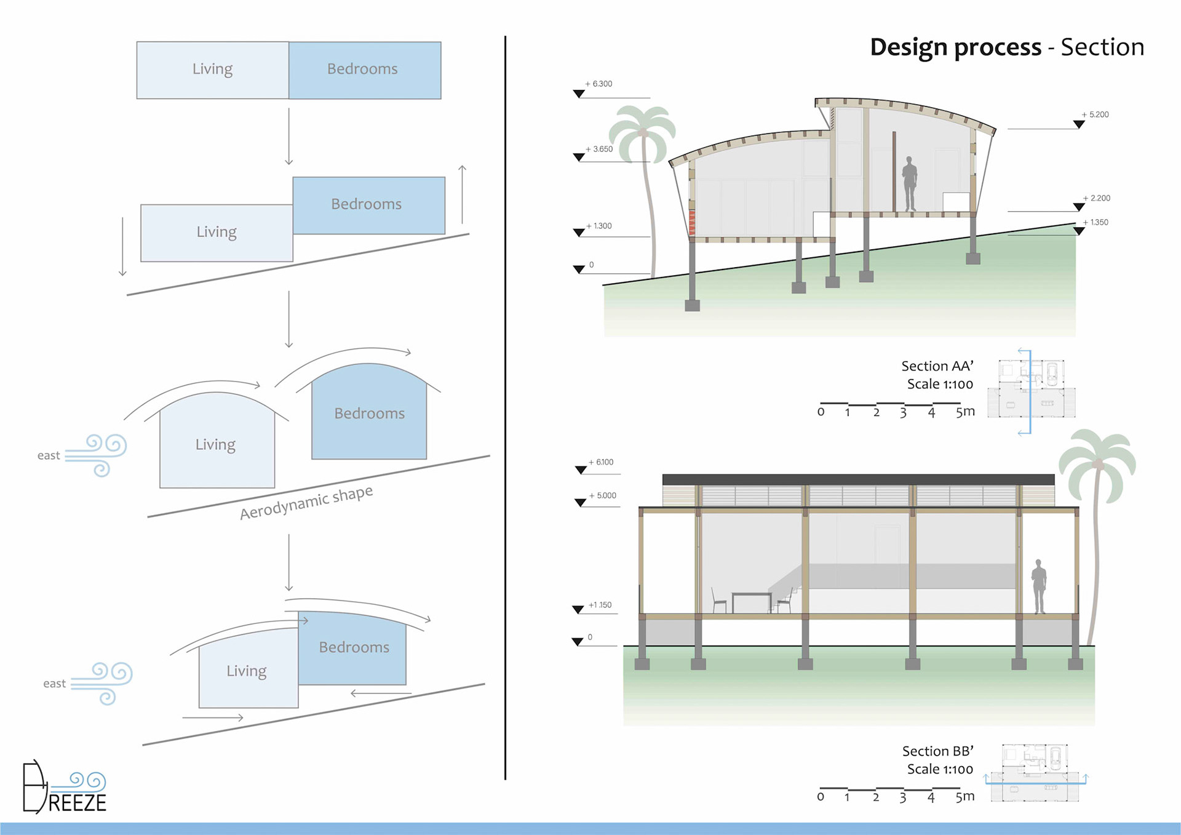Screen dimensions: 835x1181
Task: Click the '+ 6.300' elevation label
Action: tap(599, 84)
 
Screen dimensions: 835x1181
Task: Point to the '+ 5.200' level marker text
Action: tap(1096, 114)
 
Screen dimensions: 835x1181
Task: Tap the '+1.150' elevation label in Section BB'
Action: tap(600, 605)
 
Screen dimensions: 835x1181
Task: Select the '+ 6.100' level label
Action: tap(602, 462)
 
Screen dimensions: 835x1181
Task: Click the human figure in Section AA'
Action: tap(909, 184)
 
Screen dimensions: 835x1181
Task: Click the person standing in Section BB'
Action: tap(1039, 586)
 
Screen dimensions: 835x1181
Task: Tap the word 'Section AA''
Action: tap(937, 366)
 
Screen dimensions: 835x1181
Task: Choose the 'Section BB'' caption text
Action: tap(937, 751)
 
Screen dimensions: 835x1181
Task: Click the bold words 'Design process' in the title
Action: tap(955, 47)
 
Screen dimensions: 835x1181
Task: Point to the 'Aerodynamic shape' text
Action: tap(306, 502)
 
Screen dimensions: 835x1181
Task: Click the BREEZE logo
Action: tap(64, 788)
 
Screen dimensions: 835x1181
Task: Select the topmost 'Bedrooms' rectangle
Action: tap(365, 70)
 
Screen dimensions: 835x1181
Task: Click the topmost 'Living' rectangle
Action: tap(213, 70)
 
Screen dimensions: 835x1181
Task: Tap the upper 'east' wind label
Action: tap(49, 455)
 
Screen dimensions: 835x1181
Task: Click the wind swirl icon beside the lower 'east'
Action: tap(103, 682)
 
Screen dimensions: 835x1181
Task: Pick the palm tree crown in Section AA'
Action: tap(642, 132)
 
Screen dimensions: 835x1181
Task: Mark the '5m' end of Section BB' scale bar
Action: tap(964, 796)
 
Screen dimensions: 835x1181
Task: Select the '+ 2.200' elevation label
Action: tap(1097, 198)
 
